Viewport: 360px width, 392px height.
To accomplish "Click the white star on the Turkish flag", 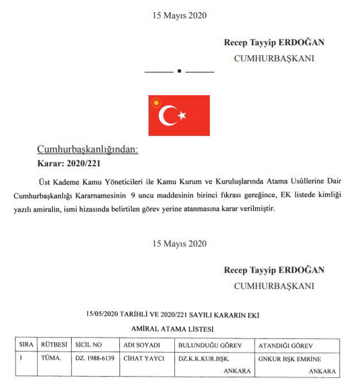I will pos(182,116).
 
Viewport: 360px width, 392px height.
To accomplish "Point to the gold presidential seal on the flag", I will pos(156,103).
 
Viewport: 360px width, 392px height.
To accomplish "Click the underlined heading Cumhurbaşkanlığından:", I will pos(88,150).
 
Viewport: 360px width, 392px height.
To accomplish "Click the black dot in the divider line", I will pos(179,72).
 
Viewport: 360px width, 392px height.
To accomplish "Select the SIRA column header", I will pos(26,345).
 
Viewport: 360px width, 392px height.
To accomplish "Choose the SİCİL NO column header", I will pos(88,345).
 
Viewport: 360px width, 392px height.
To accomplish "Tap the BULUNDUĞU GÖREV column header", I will pos(209,345).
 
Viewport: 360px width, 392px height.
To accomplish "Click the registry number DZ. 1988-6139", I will pos(95,359).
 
